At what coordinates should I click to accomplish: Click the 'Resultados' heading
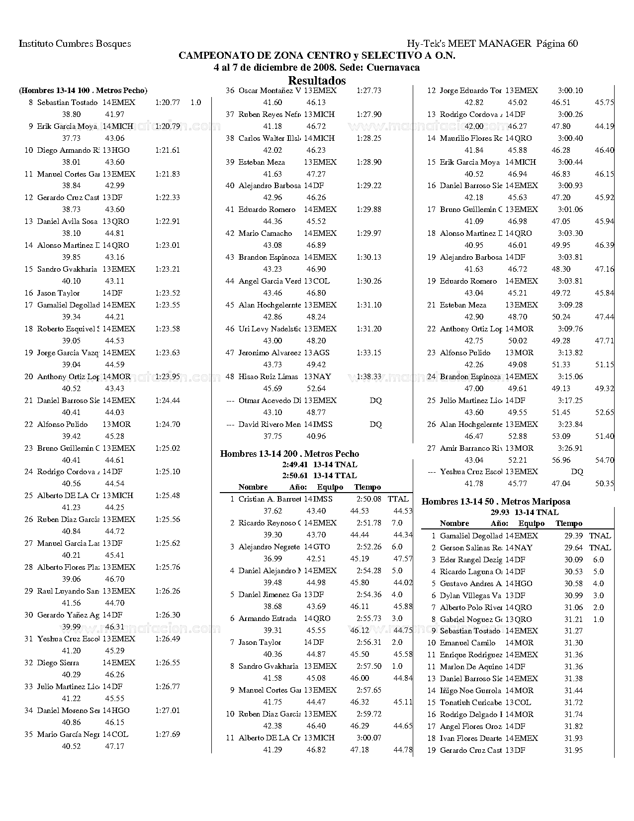[x=317, y=80]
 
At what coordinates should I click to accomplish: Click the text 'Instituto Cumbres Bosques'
[x=75, y=43]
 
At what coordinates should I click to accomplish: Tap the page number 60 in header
[x=572, y=43]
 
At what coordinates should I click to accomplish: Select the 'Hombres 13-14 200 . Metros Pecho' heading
[x=289, y=453]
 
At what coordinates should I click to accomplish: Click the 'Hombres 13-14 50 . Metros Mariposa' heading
[x=496, y=501]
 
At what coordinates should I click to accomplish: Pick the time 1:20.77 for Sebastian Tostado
[x=168, y=103]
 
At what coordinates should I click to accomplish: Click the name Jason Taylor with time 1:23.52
[x=58, y=293]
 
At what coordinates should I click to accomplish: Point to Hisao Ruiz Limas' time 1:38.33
[x=369, y=377]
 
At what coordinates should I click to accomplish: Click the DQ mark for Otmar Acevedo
[x=376, y=401]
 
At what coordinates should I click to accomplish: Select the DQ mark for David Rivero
[x=376, y=424]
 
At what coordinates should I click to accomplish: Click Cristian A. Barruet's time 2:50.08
[x=369, y=499]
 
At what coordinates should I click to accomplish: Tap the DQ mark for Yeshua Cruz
[x=577, y=472]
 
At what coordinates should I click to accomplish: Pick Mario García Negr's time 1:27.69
[x=168, y=734]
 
